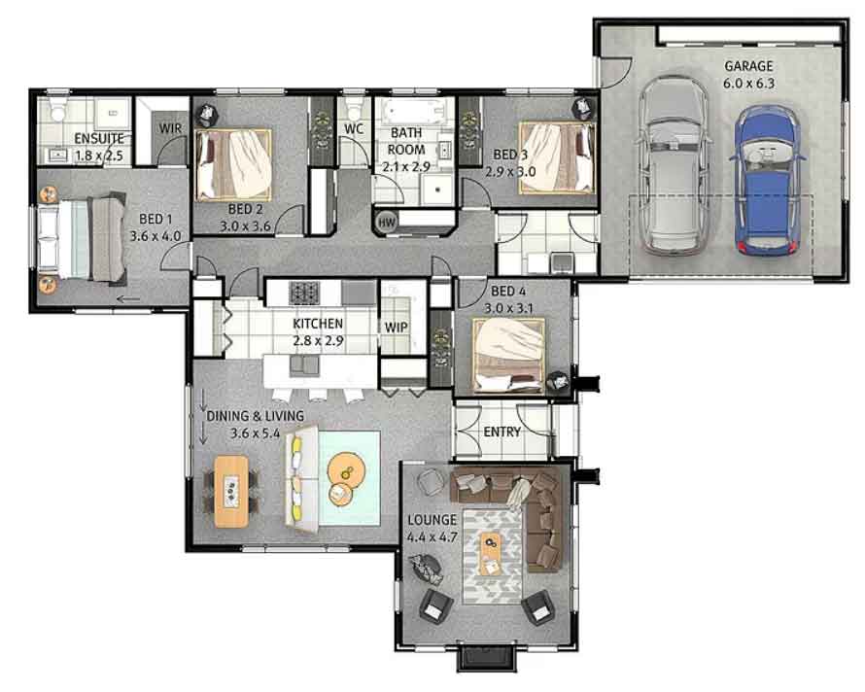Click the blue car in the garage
pos(766,181)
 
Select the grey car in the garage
pos(674,164)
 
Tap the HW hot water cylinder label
pos(387,223)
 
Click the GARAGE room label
pos(748,66)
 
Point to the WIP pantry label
pos(397,327)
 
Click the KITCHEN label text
pos(318,324)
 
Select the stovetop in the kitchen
pos(304,293)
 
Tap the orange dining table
pos(231,491)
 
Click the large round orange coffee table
pos(346,468)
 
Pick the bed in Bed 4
pos(508,356)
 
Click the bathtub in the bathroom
pos(414,112)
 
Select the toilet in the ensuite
pos(57,109)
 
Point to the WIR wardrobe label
pos(170,128)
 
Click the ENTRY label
pos(502,432)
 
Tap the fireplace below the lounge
pos(488,657)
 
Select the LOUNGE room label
pos(432,520)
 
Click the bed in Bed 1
pos(83,239)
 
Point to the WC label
pos(354,128)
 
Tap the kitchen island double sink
pos(304,365)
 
